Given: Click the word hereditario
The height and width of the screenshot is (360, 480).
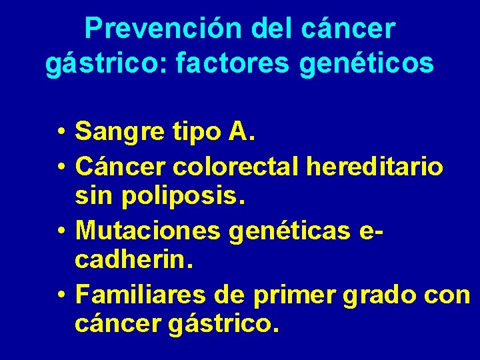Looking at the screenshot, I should (375, 167).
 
